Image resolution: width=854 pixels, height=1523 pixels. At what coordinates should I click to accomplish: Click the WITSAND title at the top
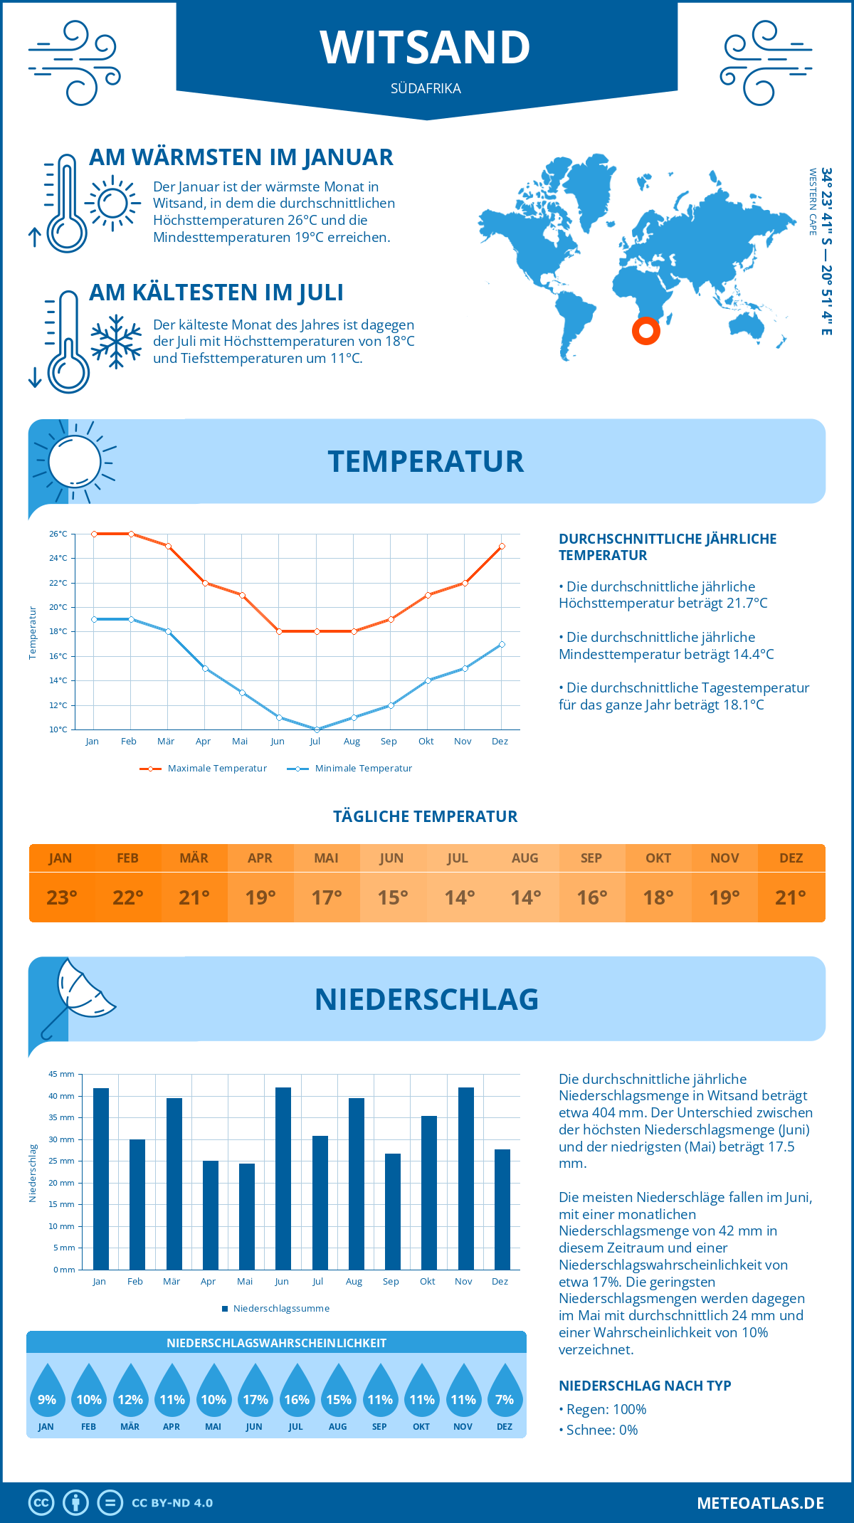pyautogui.click(x=426, y=48)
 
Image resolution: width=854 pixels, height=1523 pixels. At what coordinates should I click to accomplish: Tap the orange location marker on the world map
pyautogui.click(x=646, y=330)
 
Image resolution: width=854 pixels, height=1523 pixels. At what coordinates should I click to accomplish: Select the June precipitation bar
pyautogui.click(x=283, y=1178)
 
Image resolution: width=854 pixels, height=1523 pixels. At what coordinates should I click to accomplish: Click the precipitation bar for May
pyautogui.click(x=247, y=1216)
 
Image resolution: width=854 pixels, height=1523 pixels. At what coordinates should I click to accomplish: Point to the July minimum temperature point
pyautogui.click(x=317, y=729)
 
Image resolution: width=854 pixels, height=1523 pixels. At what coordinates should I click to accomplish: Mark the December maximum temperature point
pyautogui.click(x=502, y=547)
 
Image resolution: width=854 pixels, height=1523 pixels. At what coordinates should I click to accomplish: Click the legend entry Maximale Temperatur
pyautogui.click(x=204, y=769)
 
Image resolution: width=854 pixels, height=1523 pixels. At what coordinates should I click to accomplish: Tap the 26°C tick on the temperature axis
pyautogui.click(x=58, y=534)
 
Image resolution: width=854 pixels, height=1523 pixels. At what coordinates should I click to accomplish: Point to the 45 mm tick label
pyautogui.click(x=61, y=1074)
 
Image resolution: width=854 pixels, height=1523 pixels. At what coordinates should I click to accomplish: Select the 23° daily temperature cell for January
pyautogui.click(x=62, y=897)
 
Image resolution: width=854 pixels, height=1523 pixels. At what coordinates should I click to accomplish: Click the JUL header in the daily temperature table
pyautogui.click(x=458, y=858)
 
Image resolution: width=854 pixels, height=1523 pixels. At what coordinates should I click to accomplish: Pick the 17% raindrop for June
pyautogui.click(x=255, y=1391)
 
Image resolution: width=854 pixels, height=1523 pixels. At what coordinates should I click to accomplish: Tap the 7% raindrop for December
pyautogui.click(x=505, y=1391)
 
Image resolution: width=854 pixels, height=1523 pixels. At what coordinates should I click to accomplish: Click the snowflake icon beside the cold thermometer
pyautogui.click(x=116, y=342)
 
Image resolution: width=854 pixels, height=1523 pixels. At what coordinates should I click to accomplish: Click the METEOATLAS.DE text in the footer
pyautogui.click(x=760, y=1503)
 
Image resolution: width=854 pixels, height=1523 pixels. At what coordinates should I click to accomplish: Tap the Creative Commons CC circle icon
pyautogui.click(x=41, y=1503)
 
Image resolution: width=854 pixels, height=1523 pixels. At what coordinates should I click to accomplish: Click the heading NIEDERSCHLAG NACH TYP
pyautogui.click(x=645, y=1386)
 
